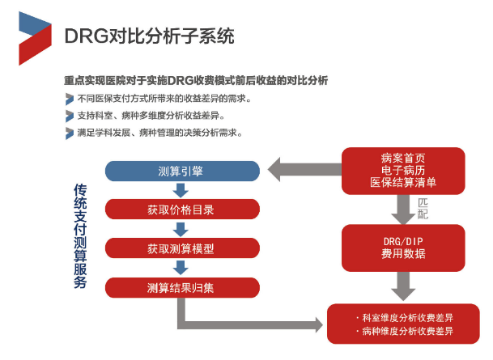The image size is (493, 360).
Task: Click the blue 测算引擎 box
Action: tap(182, 172)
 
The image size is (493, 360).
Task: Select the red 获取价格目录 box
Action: tap(182, 210)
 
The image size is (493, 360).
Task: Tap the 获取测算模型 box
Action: tap(182, 248)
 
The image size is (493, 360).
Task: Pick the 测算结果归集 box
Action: tap(182, 287)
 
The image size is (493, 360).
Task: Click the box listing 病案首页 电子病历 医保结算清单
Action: tap(403, 171)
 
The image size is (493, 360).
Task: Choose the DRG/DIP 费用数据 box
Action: tap(403, 248)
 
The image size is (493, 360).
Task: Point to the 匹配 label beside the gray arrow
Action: tap(423, 208)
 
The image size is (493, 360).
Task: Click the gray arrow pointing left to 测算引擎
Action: tap(304, 169)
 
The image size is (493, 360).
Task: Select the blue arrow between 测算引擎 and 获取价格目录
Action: tap(181, 190)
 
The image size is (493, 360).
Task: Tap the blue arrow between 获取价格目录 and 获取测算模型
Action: tap(181, 229)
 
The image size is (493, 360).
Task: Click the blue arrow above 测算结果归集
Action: tap(181, 268)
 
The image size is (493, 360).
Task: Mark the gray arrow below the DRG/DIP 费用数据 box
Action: tap(403, 286)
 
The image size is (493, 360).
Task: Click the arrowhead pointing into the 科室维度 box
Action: tap(317, 325)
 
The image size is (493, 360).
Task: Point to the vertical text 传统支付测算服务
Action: tap(80, 236)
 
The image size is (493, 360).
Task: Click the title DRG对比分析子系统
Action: tap(149, 36)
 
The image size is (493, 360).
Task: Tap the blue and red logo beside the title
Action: tap(35, 38)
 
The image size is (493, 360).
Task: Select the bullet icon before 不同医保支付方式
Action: tap(70, 99)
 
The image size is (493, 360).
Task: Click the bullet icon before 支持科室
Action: tap(70, 116)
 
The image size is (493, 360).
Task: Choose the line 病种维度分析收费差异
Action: tap(405, 331)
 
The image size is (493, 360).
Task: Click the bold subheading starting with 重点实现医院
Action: tap(196, 81)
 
